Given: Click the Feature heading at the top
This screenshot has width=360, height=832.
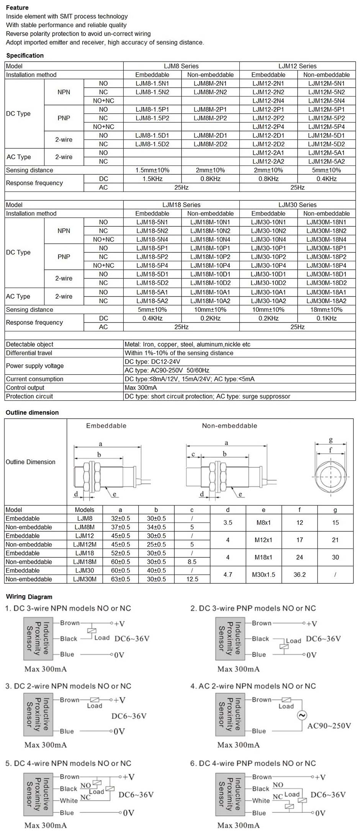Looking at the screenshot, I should (17, 8).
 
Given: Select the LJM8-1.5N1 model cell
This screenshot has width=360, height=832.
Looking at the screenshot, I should (152, 84).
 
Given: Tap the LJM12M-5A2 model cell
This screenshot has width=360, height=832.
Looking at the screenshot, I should (326, 162).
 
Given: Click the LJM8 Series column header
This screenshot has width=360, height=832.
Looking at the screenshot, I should (181, 66).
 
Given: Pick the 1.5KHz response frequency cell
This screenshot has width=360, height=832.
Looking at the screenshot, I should (152, 179).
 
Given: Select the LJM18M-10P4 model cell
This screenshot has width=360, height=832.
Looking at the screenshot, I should (210, 265).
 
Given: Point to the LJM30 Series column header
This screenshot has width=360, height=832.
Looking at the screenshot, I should (297, 205).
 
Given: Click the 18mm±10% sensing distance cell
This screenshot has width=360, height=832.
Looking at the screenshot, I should (326, 310).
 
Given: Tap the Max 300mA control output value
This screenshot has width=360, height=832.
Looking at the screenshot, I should (141, 388).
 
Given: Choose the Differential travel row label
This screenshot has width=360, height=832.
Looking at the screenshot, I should (29, 353).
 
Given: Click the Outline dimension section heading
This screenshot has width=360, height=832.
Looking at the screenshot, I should (32, 413).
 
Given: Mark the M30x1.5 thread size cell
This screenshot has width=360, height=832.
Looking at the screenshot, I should (263, 575).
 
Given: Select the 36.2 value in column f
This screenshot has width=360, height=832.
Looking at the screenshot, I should (299, 575).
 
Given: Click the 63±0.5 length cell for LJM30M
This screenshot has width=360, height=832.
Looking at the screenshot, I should (120, 579).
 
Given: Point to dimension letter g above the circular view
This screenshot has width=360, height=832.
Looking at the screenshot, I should (331, 440).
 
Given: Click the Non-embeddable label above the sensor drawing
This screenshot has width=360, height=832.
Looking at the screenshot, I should (229, 426).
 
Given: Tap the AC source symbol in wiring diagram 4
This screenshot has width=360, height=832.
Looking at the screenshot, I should (302, 715).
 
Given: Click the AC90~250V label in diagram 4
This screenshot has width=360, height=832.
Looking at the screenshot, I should (329, 726).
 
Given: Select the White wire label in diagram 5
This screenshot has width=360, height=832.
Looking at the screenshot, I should (69, 801).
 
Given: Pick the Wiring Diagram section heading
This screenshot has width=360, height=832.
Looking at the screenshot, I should (29, 597).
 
